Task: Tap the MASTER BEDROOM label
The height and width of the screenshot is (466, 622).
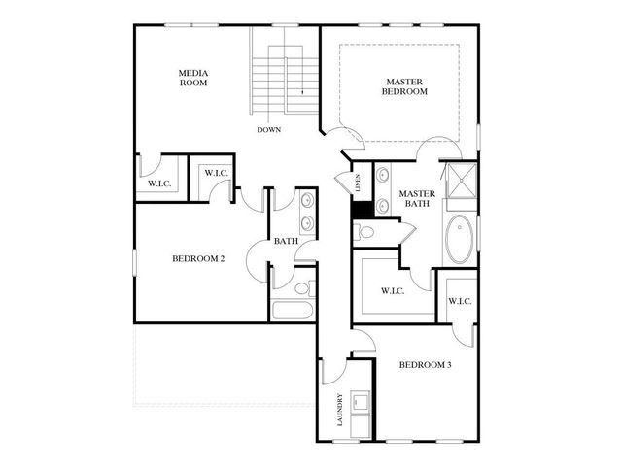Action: pyautogui.click(x=406, y=87)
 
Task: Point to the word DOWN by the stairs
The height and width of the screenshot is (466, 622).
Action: pyautogui.click(x=269, y=129)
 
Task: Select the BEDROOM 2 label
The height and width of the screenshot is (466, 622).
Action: pyautogui.click(x=198, y=258)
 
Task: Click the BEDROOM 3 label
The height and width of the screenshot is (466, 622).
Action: pyautogui.click(x=425, y=365)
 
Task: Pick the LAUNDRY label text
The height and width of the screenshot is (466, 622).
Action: pyautogui.click(x=339, y=410)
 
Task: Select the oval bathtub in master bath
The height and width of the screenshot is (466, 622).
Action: pyautogui.click(x=459, y=239)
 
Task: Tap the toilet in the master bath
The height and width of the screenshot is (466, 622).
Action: pyautogui.click(x=363, y=231)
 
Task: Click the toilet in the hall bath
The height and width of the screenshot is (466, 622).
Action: pyautogui.click(x=301, y=287)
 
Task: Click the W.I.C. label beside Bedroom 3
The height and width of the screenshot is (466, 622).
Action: pyautogui.click(x=460, y=301)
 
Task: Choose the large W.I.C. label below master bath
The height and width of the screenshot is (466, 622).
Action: pyautogui.click(x=392, y=290)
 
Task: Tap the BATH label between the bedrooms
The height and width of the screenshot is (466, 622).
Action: pyautogui.click(x=285, y=241)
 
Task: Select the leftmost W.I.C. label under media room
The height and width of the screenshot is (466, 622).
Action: pyautogui.click(x=159, y=183)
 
